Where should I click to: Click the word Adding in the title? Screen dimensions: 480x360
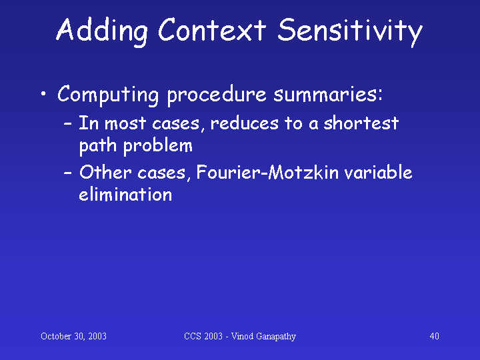click(102, 31)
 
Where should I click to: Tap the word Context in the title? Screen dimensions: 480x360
click(212, 30)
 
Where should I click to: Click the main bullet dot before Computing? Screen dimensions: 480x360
click(43, 93)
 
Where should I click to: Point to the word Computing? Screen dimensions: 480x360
click(108, 95)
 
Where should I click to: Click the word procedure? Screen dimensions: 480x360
click(217, 95)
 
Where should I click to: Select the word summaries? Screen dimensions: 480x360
click(328, 95)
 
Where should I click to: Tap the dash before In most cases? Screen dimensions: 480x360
click(67, 124)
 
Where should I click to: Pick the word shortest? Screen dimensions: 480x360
click(361, 123)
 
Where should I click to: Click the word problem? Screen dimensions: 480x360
click(157, 146)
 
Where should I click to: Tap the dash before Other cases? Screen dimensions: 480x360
click(67, 173)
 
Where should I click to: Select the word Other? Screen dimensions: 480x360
click(106, 172)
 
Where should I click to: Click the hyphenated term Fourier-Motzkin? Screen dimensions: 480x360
click(267, 172)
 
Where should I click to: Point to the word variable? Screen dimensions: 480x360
click(378, 172)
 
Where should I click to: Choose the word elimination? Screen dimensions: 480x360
click(125, 194)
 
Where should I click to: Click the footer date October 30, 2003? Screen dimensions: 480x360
click(73, 336)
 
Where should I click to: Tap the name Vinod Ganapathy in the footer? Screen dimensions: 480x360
click(263, 337)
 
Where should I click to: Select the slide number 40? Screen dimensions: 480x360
click(435, 336)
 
